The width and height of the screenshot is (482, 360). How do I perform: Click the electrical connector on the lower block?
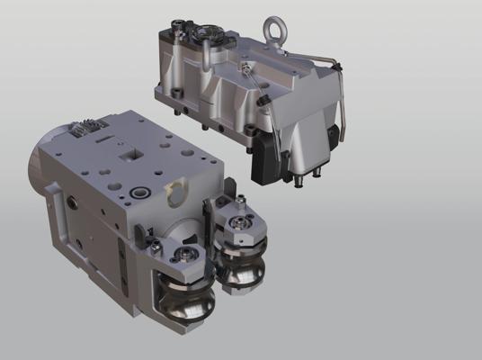pyautogui.click(x=84, y=130)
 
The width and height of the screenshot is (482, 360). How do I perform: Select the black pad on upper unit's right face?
pyautogui.click(x=335, y=135)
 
